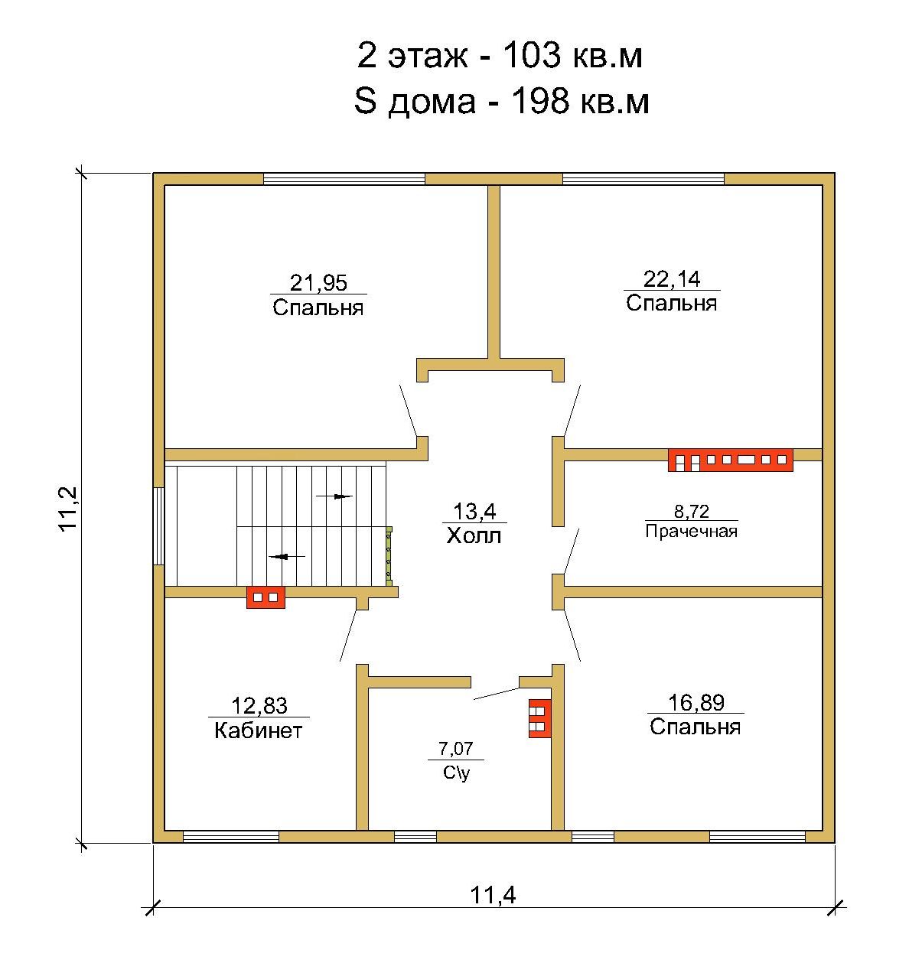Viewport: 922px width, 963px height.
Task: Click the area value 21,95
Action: pyautogui.click(x=318, y=283)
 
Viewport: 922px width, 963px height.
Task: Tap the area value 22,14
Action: pyautogui.click(x=672, y=279)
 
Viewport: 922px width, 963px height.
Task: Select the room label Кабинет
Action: pyautogui.click(x=259, y=730)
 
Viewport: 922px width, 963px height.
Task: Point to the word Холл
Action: pyautogui.click(x=474, y=535)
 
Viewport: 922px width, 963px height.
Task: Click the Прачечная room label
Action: pyautogui.click(x=692, y=532)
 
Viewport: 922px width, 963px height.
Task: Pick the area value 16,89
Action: pyautogui.click(x=696, y=702)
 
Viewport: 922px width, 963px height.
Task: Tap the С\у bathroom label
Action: pyautogui.click(x=456, y=773)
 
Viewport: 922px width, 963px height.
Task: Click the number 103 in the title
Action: pyautogui.click(x=532, y=55)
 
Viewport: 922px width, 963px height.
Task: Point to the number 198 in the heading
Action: pyautogui.click(x=539, y=101)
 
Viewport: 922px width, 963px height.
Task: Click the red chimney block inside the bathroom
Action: pyautogui.click(x=540, y=718)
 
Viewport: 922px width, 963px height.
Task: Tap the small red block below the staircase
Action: pyautogui.click(x=266, y=597)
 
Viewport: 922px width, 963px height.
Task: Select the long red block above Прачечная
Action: pyautogui.click(x=731, y=460)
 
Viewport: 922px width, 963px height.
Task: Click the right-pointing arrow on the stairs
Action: pyautogui.click(x=334, y=496)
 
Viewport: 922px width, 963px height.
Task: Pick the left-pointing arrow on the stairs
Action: pyautogui.click(x=287, y=556)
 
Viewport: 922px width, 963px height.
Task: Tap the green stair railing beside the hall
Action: pyautogui.click(x=389, y=556)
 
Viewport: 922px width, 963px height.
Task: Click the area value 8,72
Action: pyautogui.click(x=692, y=511)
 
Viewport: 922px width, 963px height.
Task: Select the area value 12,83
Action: pyautogui.click(x=259, y=706)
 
